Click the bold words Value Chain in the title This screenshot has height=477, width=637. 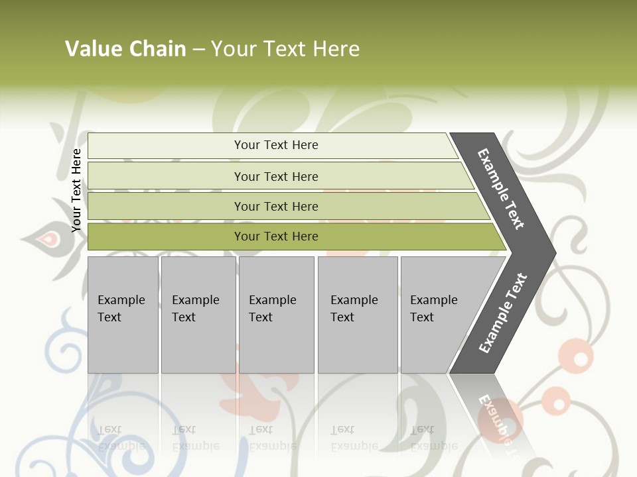[125, 48]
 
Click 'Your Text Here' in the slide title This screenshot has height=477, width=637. [285, 48]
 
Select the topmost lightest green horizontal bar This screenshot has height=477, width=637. [166, 146]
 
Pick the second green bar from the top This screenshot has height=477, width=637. [166, 176]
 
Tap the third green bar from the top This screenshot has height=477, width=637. [166, 206]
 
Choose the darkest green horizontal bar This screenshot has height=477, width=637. [166, 237]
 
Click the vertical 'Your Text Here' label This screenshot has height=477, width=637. [76, 190]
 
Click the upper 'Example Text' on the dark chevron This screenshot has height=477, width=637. [501, 189]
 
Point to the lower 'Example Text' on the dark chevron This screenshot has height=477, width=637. [503, 313]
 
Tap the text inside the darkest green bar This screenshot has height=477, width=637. [276, 237]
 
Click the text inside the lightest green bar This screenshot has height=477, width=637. [276, 145]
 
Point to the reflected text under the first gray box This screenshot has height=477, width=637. [121, 437]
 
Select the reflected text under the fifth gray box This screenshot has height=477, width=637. [434, 437]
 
